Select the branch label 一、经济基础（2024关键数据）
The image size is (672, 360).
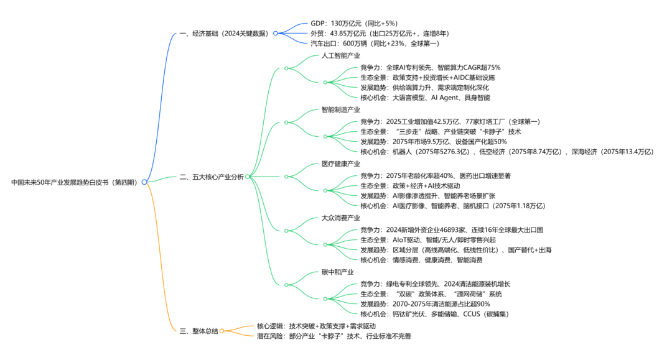click(x=225, y=34)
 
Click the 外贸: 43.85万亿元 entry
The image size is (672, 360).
click(x=379, y=34)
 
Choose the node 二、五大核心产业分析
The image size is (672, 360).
click(x=211, y=177)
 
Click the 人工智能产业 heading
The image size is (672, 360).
click(x=340, y=56)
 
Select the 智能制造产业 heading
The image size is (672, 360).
click(x=340, y=110)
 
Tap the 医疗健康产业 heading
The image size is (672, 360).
click(x=340, y=164)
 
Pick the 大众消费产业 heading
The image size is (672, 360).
click(x=340, y=218)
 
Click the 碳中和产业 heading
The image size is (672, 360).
click(x=337, y=272)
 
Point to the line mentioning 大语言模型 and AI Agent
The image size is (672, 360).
click(x=424, y=98)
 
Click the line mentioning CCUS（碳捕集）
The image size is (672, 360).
click(x=434, y=314)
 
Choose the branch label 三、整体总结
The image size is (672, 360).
click(x=198, y=331)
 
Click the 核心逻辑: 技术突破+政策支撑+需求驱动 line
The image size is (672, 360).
click(x=316, y=326)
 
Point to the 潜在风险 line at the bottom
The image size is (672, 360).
click(x=334, y=336)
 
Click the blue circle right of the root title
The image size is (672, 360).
click(x=144, y=182)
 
